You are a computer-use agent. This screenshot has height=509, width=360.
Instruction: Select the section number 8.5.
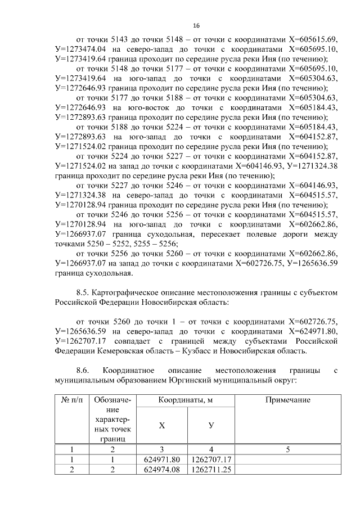83,292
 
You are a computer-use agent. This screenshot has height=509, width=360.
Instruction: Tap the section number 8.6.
83,370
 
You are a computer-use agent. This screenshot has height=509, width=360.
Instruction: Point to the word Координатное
130,370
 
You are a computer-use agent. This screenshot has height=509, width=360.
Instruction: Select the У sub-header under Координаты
211,425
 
